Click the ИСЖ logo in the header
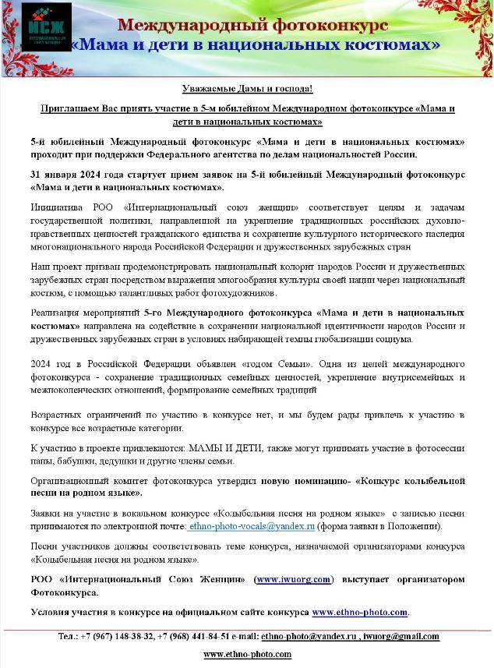(47, 28)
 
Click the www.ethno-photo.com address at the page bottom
(247, 654)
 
